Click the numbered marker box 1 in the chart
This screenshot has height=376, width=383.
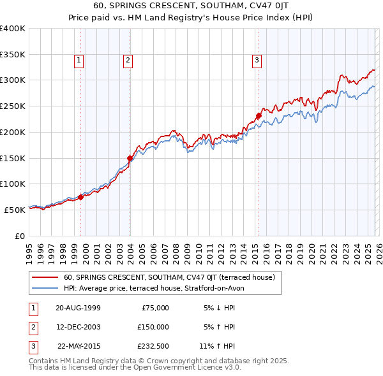79,61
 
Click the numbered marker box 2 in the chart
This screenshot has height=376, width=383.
128,61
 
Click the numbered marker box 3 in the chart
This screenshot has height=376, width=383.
257,61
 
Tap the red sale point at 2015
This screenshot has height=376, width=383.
259,116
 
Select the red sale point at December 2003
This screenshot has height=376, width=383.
130,158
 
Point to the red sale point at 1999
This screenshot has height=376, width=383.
81,197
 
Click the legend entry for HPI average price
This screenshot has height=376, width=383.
154,288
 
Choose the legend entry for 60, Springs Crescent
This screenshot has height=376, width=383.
169,277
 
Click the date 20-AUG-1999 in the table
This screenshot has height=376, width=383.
78,308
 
